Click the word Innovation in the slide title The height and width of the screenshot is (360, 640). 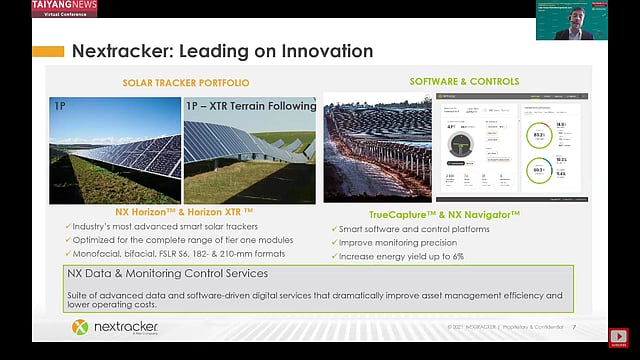coord(317,51)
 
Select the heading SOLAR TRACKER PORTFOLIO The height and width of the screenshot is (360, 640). coord(186,82)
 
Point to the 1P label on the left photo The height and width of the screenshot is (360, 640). coord(60,104)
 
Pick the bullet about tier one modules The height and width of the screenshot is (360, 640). coord(174,240)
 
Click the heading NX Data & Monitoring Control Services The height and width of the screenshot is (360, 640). coord(167,273)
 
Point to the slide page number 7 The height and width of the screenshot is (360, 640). coord(574,327)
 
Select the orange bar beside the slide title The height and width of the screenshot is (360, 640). coord(48,51)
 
